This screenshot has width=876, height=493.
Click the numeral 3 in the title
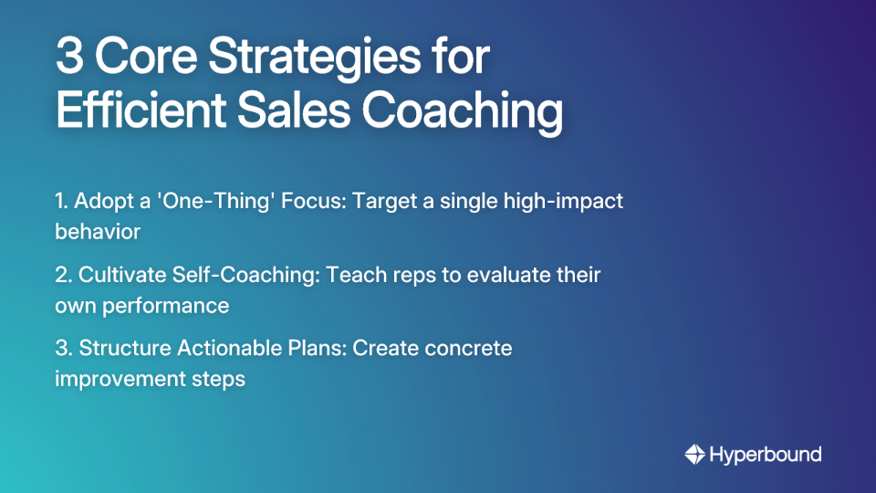(x=70, y=58)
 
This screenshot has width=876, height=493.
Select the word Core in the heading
(x=145, y=58)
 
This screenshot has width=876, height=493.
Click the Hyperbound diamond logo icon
(x=694, y=454)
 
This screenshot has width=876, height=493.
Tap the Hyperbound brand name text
(x=766, y=455)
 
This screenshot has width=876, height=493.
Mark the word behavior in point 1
(x=98, y=231)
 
